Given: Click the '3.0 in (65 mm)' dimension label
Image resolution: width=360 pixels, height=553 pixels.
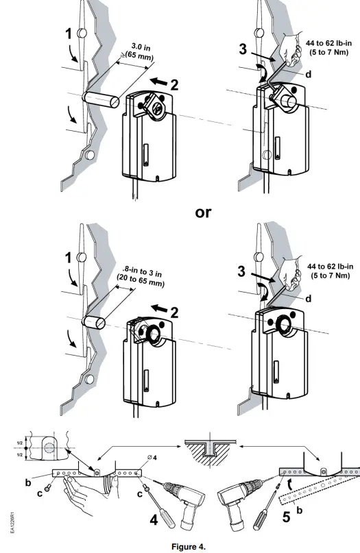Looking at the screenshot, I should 136,53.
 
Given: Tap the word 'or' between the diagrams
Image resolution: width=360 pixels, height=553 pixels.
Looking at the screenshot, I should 204,212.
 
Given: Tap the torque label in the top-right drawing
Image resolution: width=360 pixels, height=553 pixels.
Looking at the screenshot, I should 328,49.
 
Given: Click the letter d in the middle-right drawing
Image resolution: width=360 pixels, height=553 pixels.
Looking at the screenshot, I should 308,299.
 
